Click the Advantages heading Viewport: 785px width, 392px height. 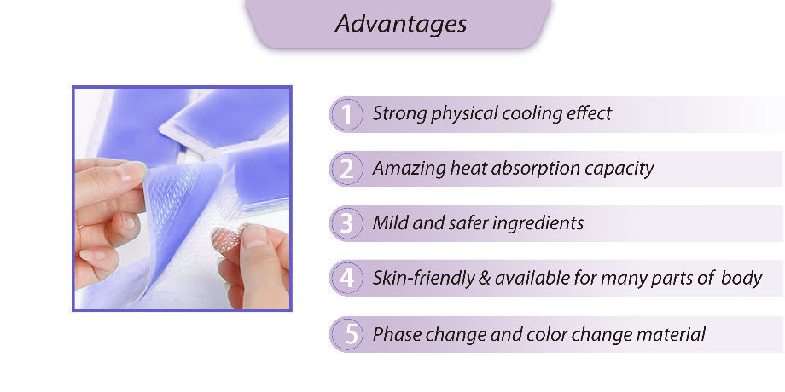coord(400,23)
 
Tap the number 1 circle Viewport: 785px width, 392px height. coord(346,114)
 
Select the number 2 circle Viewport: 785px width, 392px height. coord(346,169)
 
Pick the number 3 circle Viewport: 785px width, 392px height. coord(346,223)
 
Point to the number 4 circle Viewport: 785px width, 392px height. coord(346,278)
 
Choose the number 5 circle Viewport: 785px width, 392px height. coord(346,334)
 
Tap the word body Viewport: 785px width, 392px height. coord(741,278)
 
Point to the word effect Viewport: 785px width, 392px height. coord(589,113)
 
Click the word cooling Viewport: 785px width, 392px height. coord(532,113)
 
